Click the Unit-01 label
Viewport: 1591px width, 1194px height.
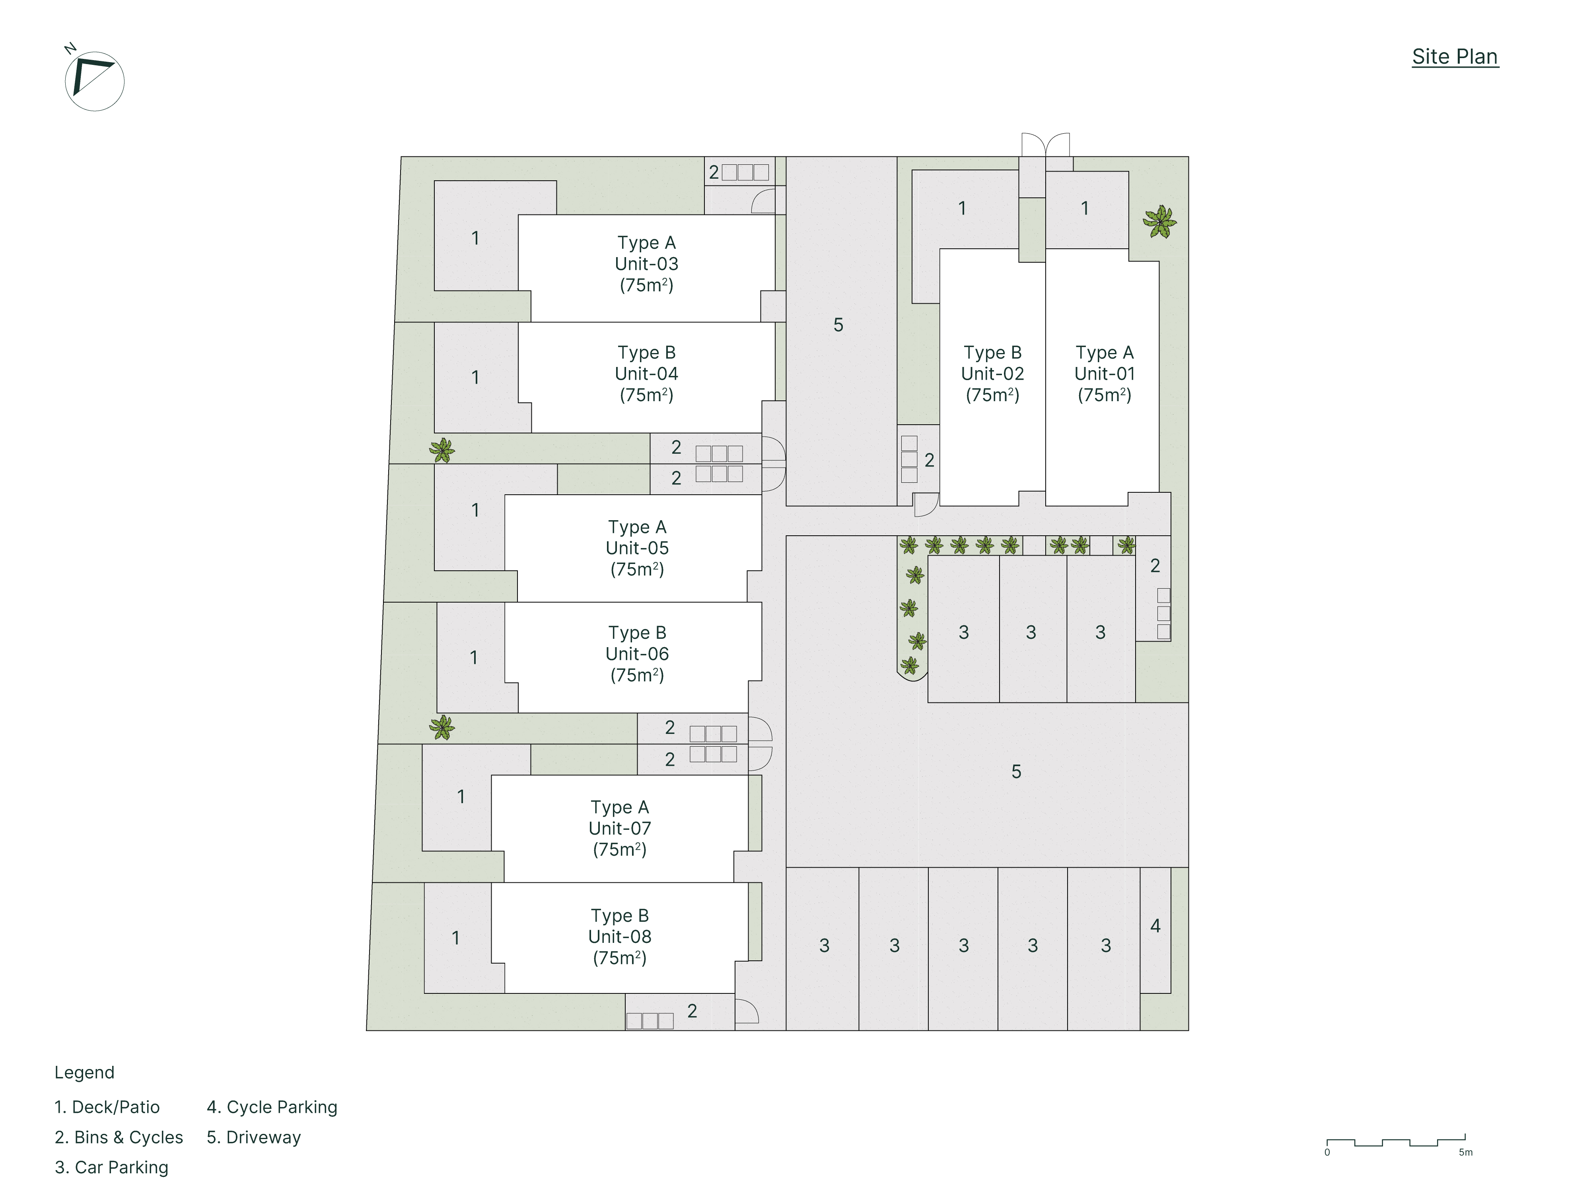click(1104, 374)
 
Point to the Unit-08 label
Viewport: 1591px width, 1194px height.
click(619, 936)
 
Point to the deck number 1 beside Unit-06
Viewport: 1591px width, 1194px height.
click(473, 657)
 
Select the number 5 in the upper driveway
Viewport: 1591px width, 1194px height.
click(838, 325)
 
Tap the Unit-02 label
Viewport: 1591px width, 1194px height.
click(992, 374)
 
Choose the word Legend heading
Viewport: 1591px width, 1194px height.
click(84, 1072)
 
